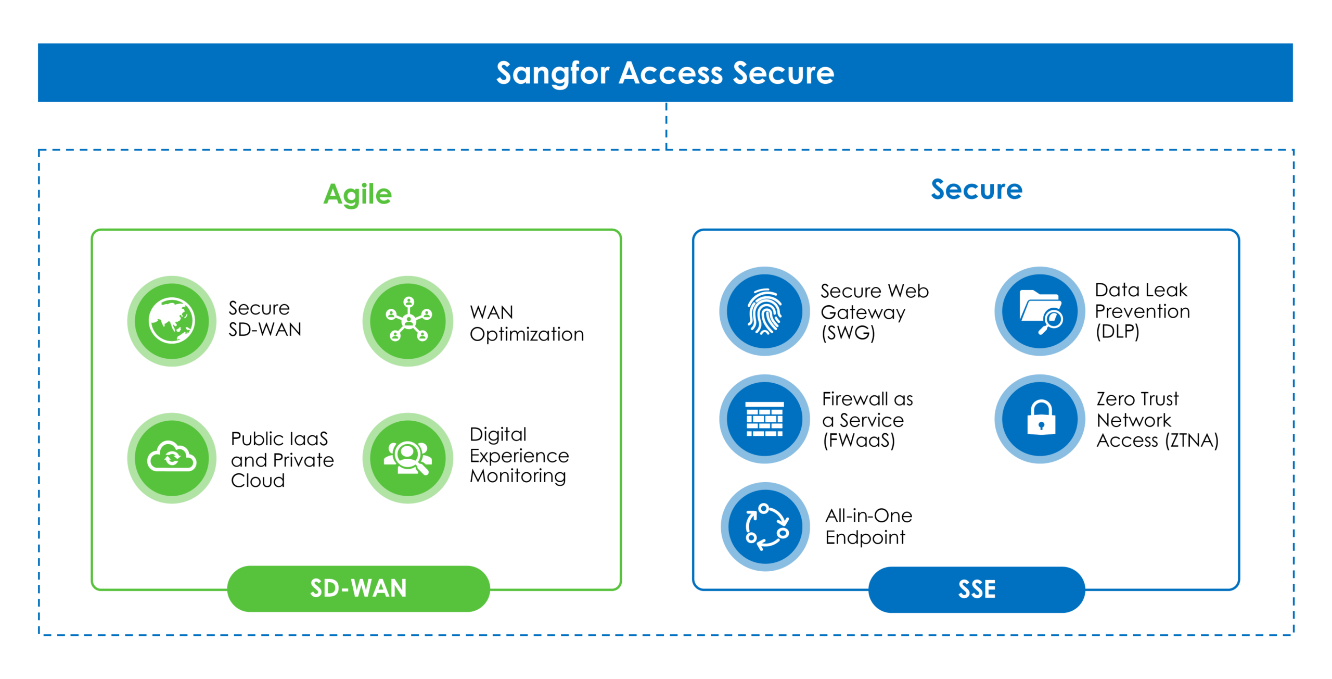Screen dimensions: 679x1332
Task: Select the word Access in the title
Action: (671, 72)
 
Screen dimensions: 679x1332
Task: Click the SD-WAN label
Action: (358, 588)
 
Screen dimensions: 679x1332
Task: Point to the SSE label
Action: (977, 589)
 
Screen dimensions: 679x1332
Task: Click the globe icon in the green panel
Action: (172, 320)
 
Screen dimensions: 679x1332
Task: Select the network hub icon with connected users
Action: (409, 319)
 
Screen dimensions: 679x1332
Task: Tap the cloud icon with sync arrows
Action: (172, 457)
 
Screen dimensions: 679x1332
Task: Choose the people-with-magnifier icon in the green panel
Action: (408, 458)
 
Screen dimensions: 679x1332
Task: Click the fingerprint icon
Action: (764, 311)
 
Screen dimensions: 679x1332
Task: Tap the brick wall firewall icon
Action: (764, 419)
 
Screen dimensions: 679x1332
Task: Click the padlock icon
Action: (1041, 418)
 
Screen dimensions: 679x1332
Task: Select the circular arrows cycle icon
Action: (766, 527)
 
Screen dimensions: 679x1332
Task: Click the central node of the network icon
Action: (409, 319)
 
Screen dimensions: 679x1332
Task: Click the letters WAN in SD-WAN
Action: (379, 588)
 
